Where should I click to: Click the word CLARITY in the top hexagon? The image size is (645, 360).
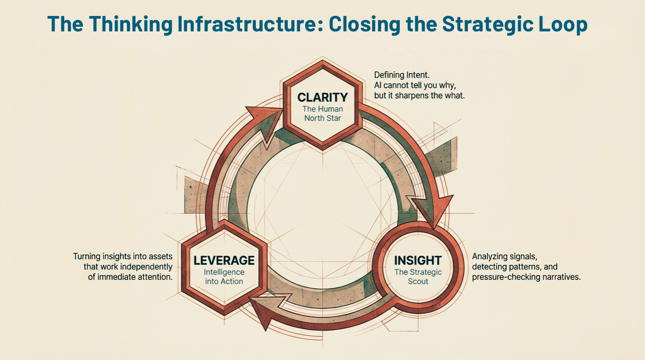click(322, 97)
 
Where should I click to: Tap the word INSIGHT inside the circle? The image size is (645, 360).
click(418, 261)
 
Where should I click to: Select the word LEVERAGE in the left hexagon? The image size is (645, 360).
click(224, 261)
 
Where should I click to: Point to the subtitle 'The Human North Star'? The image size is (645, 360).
click(322, 113)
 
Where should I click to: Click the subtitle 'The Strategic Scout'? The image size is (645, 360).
click(418, 277)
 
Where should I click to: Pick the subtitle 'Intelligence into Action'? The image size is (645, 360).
click(224, 277)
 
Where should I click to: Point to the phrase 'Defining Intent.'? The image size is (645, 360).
click(401, 75)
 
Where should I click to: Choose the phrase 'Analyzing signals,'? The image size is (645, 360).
click(504, 256)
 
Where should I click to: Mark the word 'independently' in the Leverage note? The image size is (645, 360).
click(150, 267)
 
